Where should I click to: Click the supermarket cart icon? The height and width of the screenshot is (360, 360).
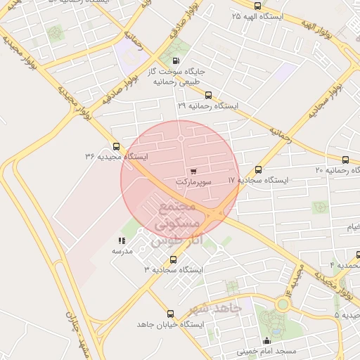[193, 171]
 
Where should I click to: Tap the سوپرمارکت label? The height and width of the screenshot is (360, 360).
[193, 181]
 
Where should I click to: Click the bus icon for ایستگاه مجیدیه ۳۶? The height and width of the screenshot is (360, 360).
[97, 146]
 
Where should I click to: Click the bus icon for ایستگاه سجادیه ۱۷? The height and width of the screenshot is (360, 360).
[258, 170]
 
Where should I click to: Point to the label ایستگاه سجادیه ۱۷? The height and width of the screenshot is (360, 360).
[258, 180]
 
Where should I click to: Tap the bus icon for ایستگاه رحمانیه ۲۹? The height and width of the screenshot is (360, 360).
[207, 96]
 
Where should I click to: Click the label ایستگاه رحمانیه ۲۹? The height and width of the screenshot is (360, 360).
[207, 105]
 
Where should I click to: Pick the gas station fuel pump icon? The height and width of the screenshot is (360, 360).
[175, 61]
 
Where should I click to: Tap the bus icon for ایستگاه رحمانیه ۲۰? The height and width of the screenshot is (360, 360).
[345, 160]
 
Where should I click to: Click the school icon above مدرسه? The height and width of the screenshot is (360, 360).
[122, 240]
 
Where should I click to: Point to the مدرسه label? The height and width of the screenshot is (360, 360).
[122, 250]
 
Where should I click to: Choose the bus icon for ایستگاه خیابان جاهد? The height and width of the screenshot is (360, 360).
[169, 314]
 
